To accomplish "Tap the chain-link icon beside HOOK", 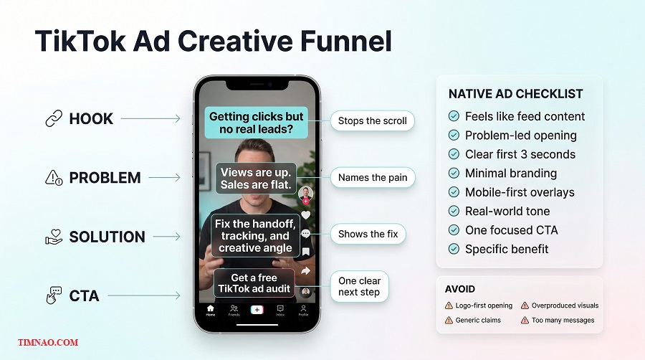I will [54, 119].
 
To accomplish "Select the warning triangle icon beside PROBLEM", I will [54, 178].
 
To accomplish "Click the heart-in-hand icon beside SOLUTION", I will [54, 237].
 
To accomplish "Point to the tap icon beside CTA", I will [54, 295].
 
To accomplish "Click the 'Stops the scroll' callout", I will [372, 121].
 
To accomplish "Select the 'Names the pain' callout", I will [373, 177].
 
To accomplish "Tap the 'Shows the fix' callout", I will [368, 234].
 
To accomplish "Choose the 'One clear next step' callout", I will [359, 287].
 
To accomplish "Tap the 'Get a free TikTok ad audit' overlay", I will [254, 283].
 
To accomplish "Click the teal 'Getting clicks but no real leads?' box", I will [256, 123].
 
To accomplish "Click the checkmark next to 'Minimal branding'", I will [454, 173].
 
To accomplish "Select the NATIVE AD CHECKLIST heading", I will [515, 94].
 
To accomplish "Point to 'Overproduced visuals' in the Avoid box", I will [565, 305].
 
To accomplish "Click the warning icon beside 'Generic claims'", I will [449, 321].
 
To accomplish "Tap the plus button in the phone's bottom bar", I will [256, 309].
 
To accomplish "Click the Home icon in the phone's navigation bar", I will [211, 310].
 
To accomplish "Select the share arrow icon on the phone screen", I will [306, 270].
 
